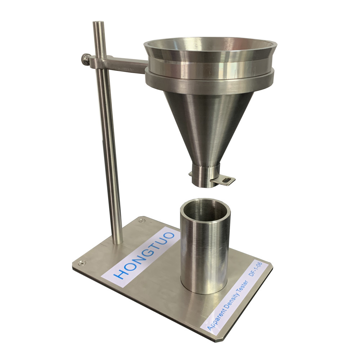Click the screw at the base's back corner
(x=142, y=220)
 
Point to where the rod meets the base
(x=117, y=241)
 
